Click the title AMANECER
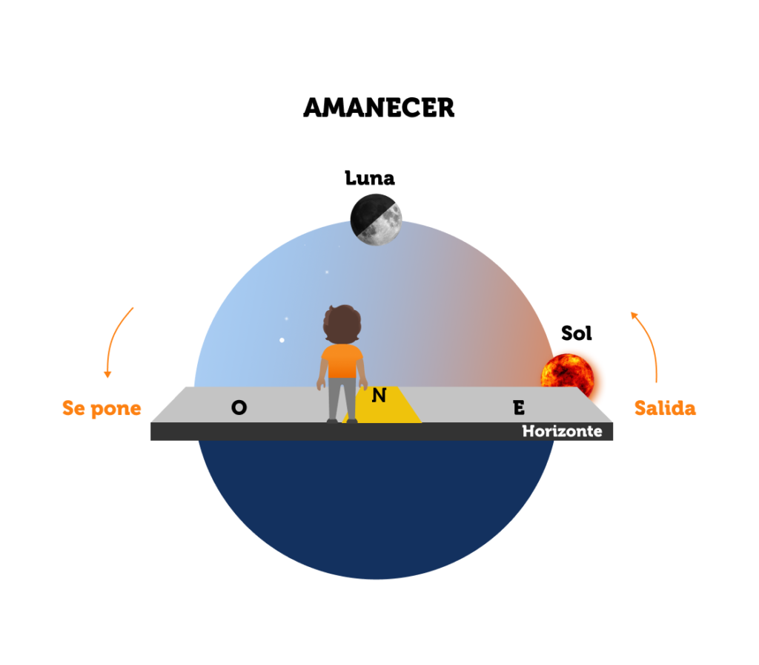pyautogui.click(x=379, y=108)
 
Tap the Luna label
pyautogui.click(x=370, y=178)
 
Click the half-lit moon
pyautogui.click(x=376, y=220)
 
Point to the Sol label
pyautogui.click(x=576, y=333)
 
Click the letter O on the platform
pyautogui.click(x=239, y=407)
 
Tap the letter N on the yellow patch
pyautogui.click(x=379, y=396)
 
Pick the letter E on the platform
pyautogui.click(x=519, y=407)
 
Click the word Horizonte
pyautogui.click(x=562, y=431)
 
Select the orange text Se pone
pyautogui.click(x=102, y=409)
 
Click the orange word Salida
pyautogui.click(x=665, y=408)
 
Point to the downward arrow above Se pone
pyautogui.click(x=115, y=340)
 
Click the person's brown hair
pyautogui.click(x=342, y=324)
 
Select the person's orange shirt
pyautogui.click(x=342, y=361)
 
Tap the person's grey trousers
pyautogui.click(x=342, y=399)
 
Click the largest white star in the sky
pyautogui.click(x=282, y=340)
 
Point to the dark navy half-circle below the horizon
pyautogui.click(x=376, y=504)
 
